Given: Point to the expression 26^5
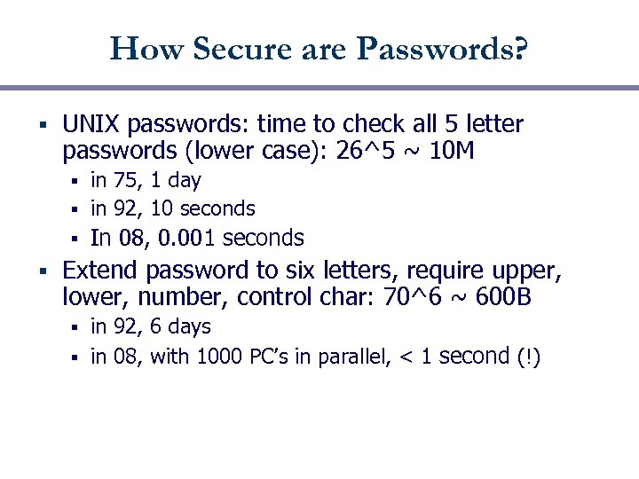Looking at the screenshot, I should (x=362, y=152).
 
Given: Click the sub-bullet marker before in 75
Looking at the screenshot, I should (x=77, y=181).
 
